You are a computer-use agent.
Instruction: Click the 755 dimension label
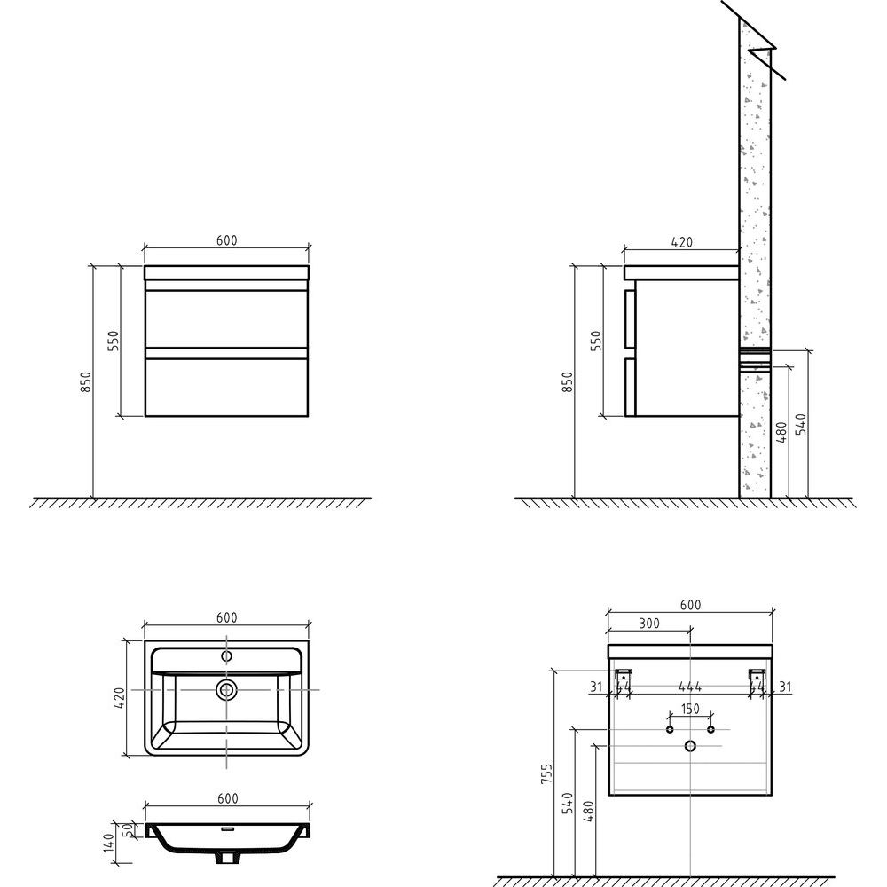coord(546,773)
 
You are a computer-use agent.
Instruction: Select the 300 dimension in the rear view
coord(649,623)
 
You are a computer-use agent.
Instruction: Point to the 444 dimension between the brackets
coord(690,687)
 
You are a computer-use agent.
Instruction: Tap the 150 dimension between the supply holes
coord(690,708)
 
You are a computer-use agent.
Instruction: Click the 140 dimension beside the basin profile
coord(108,843)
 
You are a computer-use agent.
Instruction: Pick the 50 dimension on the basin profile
coord(128,829)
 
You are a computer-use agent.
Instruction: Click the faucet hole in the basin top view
coord(227,656)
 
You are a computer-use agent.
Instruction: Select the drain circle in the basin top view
coord(227,689)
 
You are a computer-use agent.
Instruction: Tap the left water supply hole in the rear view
coord(670,730)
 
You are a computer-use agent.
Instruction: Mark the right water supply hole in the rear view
coord(711,730)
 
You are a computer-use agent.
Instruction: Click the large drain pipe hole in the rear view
coord(690,746)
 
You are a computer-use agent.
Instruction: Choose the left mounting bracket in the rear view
coord(624,674)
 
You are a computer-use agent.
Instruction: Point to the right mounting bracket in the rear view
coord(757,674)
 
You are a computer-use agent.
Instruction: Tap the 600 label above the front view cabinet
coord(226,240)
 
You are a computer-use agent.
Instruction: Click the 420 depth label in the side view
coord(681,242)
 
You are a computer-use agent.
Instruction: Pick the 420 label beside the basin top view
coord(120,699)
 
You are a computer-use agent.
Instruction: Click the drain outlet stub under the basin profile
coord(227,858)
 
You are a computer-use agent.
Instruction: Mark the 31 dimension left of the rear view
coord(596,687)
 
